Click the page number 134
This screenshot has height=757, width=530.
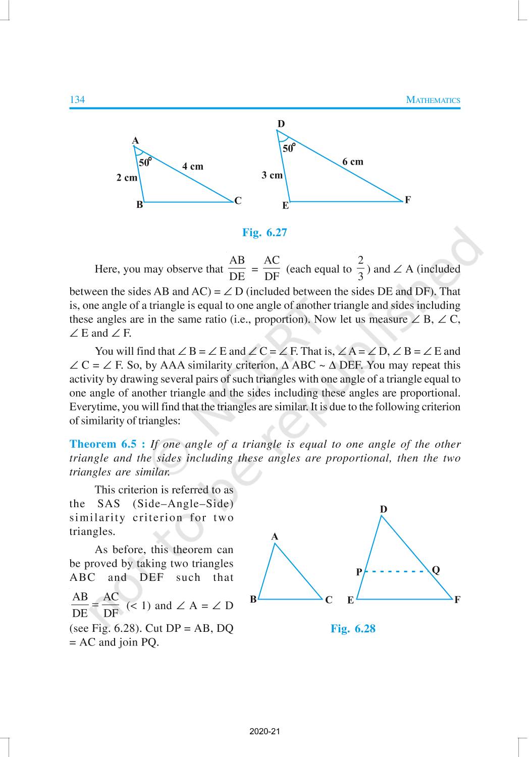tap(77, 99)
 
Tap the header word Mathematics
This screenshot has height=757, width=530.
tap(433, 100)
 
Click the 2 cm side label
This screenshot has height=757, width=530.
tap(127, 178)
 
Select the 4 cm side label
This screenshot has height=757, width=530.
tap(193, 167)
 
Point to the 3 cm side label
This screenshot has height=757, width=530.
tap(272, 175)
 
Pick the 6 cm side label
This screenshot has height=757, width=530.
tap(352, 162)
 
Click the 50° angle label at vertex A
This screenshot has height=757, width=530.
tap(145, 162)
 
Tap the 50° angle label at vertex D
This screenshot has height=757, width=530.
tap(289, 148)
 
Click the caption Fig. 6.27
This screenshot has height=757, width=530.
tap(264, 232)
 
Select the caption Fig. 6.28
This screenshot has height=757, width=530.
tap(353, 628)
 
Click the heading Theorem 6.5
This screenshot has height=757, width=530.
tap(107, 444)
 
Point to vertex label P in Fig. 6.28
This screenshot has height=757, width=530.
tap(359, 572)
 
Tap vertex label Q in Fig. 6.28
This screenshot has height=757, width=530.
tap(436, 570)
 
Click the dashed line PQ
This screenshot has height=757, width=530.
tap(396, 572)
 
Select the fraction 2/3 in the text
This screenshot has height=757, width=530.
tap(360, 268)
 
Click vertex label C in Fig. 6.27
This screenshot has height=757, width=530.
tap(238, 200)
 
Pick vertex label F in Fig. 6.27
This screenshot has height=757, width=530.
tap(407, 200)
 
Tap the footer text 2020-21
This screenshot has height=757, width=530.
tap(264, 731)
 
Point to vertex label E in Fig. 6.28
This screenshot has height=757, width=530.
tap(350, 601)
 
